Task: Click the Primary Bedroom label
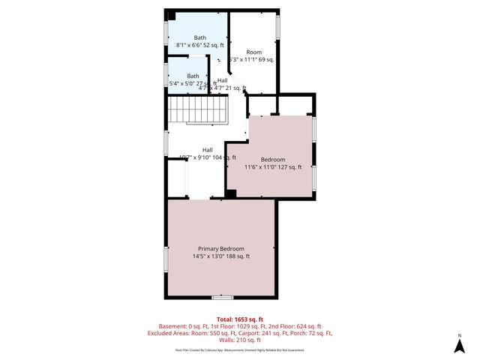coord(220,248)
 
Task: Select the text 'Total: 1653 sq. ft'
coord(239,319)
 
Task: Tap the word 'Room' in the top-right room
coord(253,52)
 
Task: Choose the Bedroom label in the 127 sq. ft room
coord(273,159)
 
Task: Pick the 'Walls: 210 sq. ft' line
coord(239,340)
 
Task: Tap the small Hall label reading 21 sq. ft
coord(223,88)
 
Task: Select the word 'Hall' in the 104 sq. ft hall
coord(208,149)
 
